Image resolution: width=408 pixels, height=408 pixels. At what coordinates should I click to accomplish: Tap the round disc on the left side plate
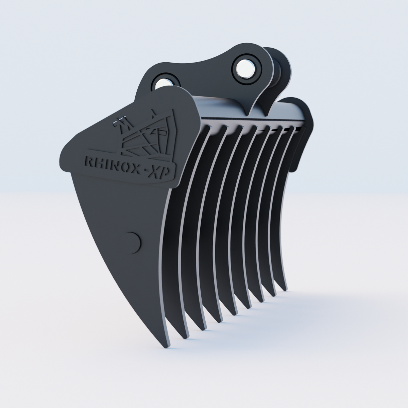click(x=132, y=242)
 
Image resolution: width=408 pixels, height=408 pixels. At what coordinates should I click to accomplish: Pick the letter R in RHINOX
click(x=89, y=161)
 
